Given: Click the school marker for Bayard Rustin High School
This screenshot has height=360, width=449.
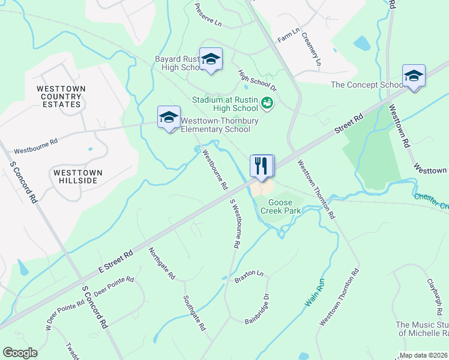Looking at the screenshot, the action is tap(211, 59).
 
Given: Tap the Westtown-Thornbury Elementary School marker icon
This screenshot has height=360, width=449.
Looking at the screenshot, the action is tap(169, 118).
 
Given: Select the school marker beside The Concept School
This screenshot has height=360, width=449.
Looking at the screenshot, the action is tap(414, 76).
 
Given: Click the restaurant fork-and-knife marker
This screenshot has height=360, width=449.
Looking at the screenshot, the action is tap(261, 166).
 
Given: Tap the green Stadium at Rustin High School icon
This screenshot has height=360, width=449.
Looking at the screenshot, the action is tap(268, 104).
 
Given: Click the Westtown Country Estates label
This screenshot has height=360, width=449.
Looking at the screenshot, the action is tap(61, 96).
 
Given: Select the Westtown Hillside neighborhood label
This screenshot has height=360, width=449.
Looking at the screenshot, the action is tap(78, 176).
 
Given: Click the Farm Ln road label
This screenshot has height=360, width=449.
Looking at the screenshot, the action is tap(288, 34).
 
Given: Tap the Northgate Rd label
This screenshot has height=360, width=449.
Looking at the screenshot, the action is tap(161, 263).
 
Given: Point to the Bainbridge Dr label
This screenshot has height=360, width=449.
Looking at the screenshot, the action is tap(259, 308).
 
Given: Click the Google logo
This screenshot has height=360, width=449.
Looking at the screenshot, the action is tap(20, 353).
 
